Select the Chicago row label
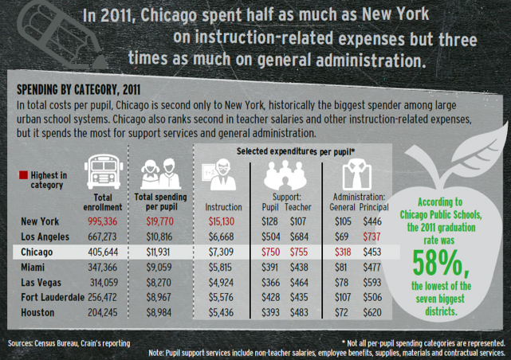point(41,251)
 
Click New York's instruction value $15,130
point(222,221)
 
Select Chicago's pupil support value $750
point(272,251)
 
